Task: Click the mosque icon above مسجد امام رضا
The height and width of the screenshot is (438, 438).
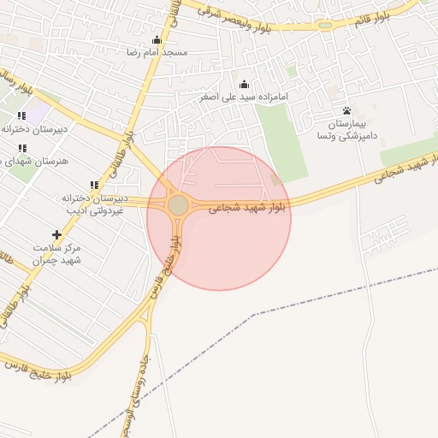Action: tap(157, 40)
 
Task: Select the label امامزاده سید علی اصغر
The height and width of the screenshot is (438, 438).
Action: tap(245, 97)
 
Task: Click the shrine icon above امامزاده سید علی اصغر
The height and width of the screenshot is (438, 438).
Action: tap(245, 84)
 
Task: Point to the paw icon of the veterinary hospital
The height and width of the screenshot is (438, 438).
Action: tap(346, 110)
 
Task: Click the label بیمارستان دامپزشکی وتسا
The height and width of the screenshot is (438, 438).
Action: tap(346, 130)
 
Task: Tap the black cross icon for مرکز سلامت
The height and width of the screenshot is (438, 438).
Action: tap(57, 234)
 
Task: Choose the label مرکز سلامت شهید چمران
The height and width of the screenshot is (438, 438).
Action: tap(56, 253)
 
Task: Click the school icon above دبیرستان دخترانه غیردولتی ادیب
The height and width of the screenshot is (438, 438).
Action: tap(94, 185)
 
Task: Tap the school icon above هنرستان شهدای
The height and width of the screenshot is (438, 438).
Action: tap(21, 148)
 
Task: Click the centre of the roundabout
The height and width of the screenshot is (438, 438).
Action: tap(178, 205)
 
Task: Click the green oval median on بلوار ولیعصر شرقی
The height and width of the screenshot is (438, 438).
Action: tap(325, 25)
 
